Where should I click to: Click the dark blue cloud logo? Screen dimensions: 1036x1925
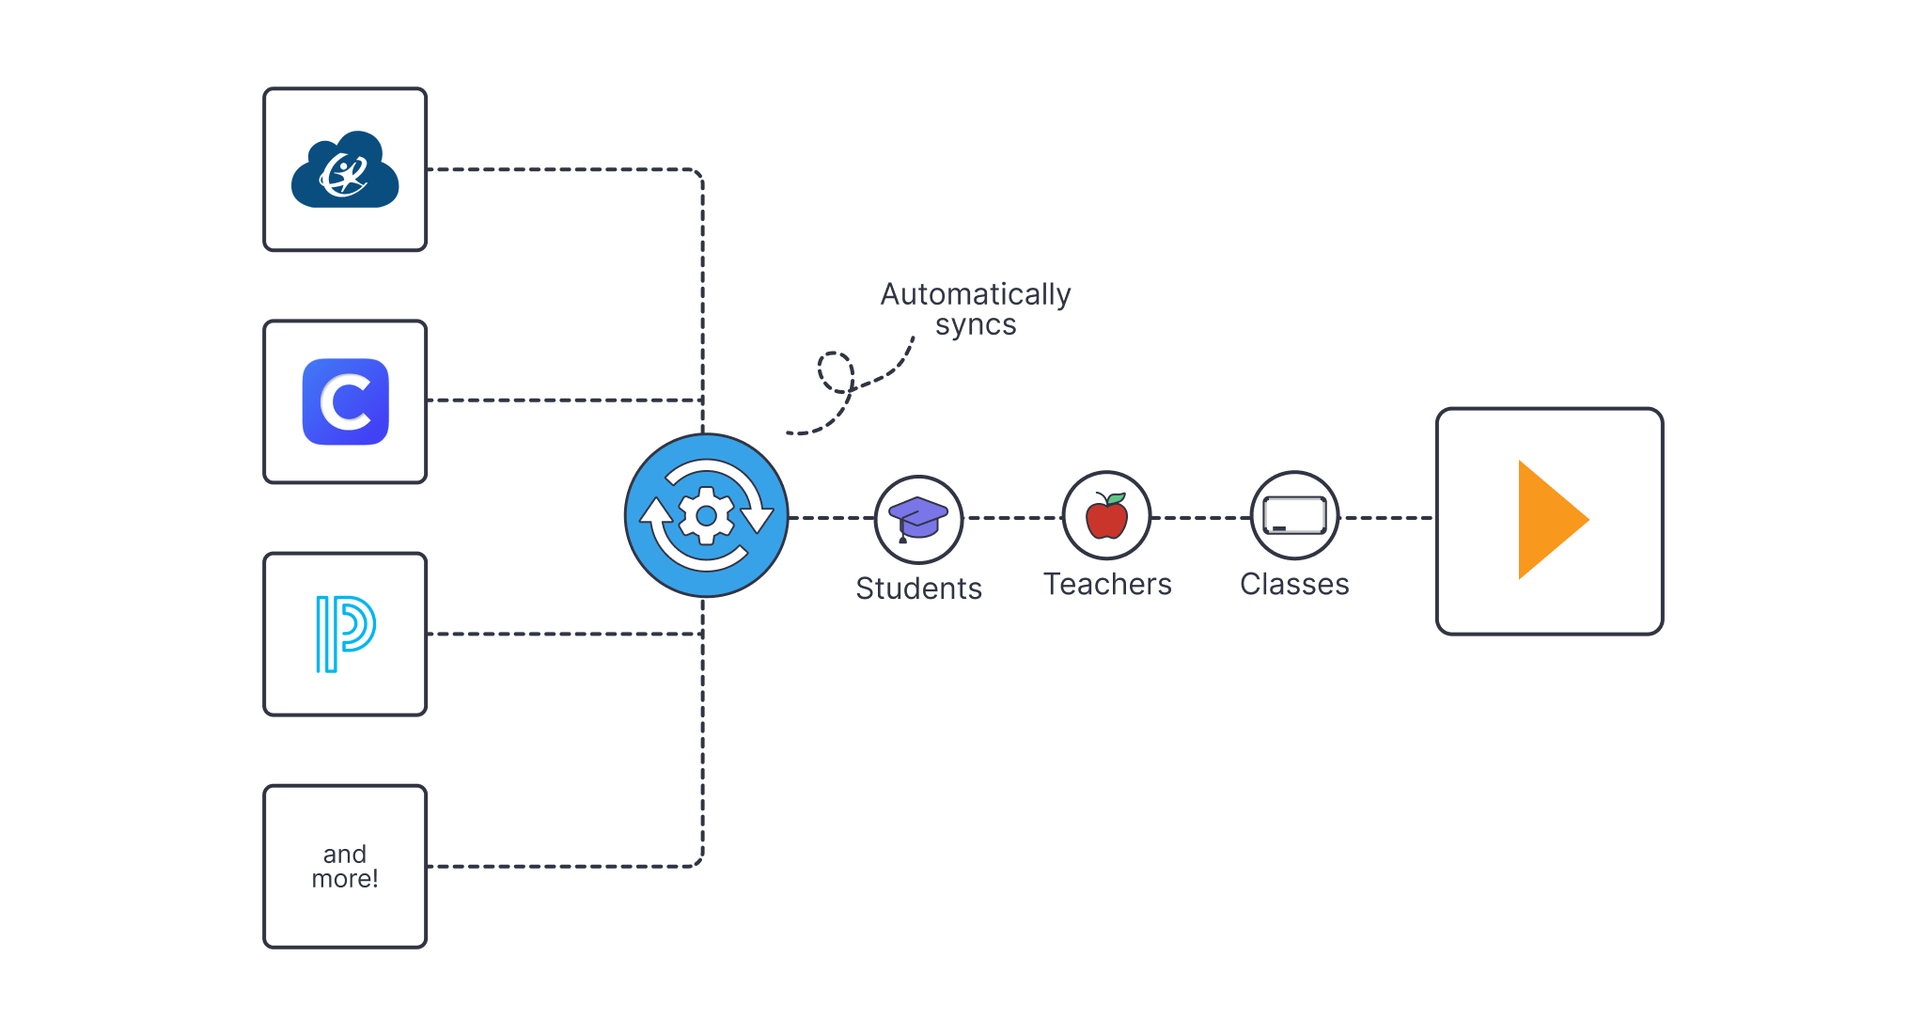pyautogui.click(x=345, y=170)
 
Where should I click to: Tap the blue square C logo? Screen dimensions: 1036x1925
pyautogui.click(x=345, y=401)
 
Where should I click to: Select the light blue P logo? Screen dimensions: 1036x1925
pyautogui.click(x=345, y=634)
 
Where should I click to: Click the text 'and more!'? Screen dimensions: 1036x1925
pyautogui.click(x=345, y=866)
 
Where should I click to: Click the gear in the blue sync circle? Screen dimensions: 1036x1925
pyautogui.click(x=706, y=515)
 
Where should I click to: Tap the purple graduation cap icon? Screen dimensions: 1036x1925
pyautogui.click(x=918, y=517)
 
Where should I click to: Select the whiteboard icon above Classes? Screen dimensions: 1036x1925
pyautogui.click(x=1294, y=516)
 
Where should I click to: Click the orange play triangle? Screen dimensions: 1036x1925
pyautogui.click(x=1548, y=520)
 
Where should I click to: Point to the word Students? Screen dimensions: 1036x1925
pyautogui.click(x=918, y=589)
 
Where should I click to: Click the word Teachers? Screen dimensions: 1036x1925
pyautogui.click(x=1107, y=585)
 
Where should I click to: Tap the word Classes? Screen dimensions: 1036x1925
pyautogui.click(x=1294, y=585)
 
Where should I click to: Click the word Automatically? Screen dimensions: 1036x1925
pyautogui.click(x=976, y=295)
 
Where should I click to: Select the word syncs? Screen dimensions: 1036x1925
pyautogui.click(x=976, y=325)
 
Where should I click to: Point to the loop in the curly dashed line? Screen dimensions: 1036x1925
pyautogui.click(x=835, y=372)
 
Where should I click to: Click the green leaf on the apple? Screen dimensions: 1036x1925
pyautogui.click(x=1117, y=498)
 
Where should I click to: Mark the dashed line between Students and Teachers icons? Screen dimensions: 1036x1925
pyautogui.click(x=1012, y=517)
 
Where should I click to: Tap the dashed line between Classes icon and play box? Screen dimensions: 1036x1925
pyautogui.click(x=1386, y=517)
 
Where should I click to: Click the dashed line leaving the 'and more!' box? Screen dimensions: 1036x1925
pyautogui.click(x=564, y=866)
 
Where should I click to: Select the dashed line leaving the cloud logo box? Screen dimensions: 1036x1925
pyautogui.click(x=564, y=170)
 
